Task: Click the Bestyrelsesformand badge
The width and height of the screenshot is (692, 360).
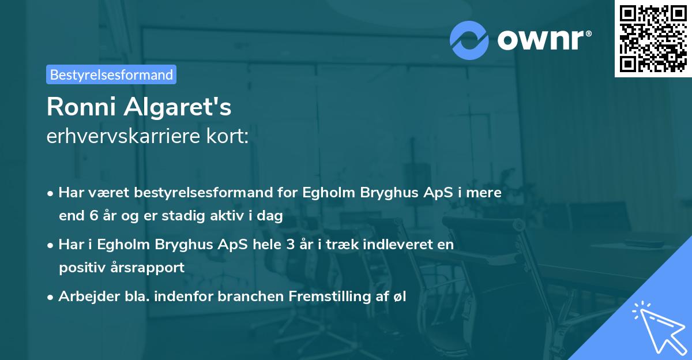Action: [111, 74]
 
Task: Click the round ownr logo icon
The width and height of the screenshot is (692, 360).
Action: [469, 40]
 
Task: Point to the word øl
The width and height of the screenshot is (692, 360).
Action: [400, 297]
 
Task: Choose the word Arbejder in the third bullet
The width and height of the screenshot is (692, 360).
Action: [84, 297]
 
